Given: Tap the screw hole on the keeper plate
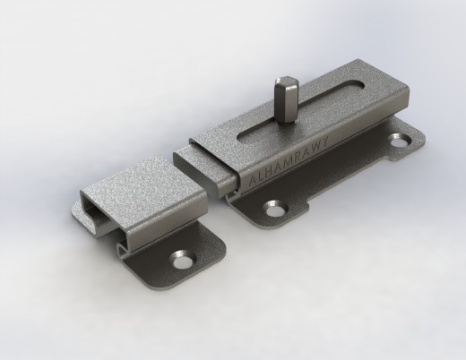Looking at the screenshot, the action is click(x=181, y=259).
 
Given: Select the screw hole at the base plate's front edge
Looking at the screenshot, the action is click(x=275, y=208).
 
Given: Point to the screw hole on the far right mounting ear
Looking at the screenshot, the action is click(x=400, y=140).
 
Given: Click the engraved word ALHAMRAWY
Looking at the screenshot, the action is click(x=289, y=160).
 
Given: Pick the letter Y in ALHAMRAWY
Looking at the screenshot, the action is click(x=324, y=141).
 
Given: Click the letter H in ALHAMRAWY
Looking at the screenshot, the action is click(x=271, y=171).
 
